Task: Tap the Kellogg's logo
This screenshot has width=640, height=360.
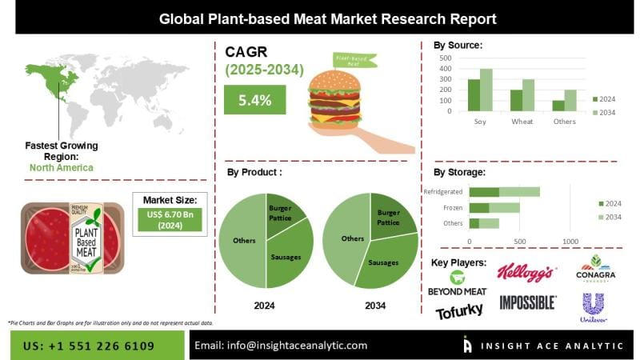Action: pos(525,272)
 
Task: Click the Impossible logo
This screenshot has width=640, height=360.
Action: pos(527,302)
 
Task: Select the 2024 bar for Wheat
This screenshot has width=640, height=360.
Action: pos(516,100)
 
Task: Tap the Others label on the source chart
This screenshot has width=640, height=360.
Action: pos(563,122)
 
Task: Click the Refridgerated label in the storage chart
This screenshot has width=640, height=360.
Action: pos(442,192)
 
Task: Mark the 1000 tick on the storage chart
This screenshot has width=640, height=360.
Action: pos(570,241)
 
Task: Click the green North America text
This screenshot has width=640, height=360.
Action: pos(61,168)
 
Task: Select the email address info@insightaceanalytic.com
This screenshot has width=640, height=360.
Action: pos(282,345)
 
